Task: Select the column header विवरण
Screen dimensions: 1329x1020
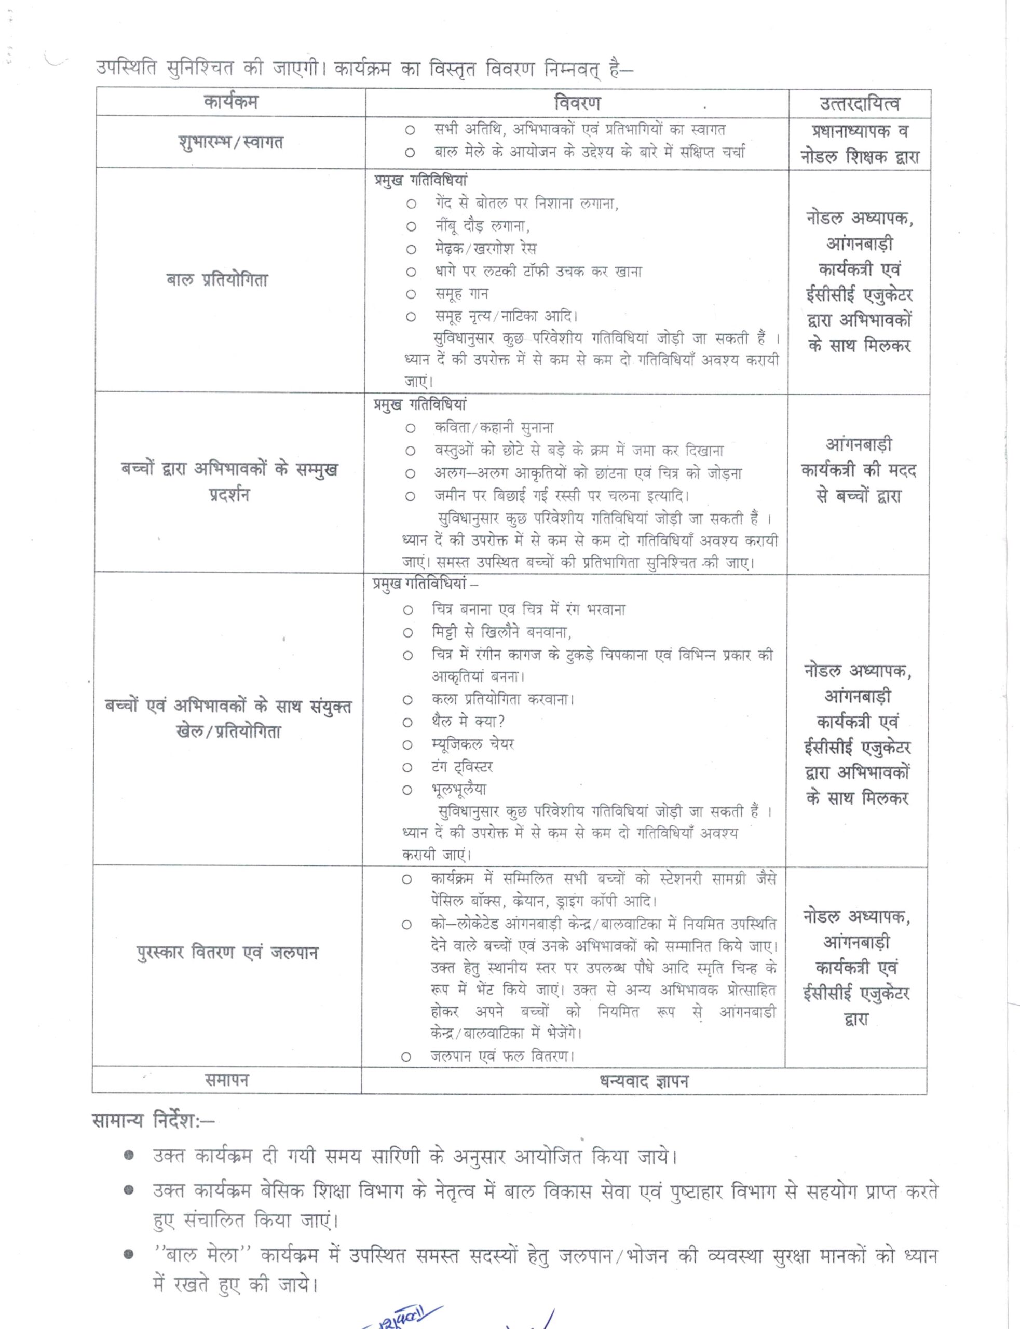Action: tap(577, 103)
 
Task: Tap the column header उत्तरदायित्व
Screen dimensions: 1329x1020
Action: tap(859, 104)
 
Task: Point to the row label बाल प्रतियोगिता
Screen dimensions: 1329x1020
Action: tap(217, 280)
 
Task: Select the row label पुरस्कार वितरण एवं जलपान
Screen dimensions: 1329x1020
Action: tap(227, 953)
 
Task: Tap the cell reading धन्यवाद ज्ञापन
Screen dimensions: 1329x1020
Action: tap(644, 1081)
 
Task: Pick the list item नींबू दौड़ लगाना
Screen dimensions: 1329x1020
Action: tap(482, 226)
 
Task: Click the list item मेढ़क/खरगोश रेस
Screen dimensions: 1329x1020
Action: tap(485, 249)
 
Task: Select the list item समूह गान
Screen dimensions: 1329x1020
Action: tap(461, 294)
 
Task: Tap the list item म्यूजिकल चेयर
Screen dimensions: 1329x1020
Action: tap(472, 744)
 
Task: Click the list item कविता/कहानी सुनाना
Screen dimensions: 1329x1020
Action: tap(494, 428)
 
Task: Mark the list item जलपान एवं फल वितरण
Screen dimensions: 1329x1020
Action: tap(502, 1056)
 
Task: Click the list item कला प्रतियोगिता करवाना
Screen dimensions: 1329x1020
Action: tap(502, 699)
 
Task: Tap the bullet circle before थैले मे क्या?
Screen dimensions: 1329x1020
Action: tap(407, 723)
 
